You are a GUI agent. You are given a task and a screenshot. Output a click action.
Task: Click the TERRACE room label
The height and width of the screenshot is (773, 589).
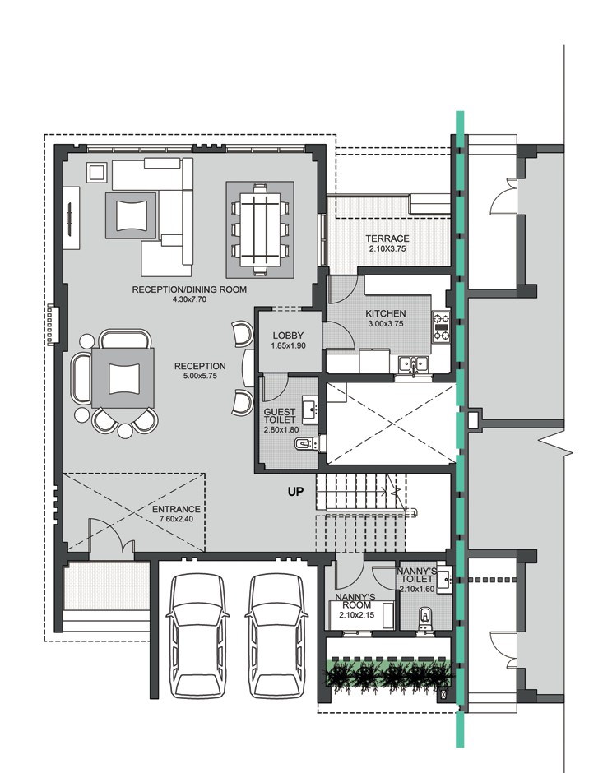388,238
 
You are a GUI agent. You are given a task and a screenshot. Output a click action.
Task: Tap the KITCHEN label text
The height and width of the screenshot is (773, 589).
386,314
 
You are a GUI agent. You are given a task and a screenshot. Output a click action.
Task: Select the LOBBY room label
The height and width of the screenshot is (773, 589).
288,336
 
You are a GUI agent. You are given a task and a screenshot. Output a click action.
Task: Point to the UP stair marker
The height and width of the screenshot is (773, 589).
296,493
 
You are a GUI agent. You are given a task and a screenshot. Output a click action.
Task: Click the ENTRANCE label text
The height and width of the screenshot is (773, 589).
176,509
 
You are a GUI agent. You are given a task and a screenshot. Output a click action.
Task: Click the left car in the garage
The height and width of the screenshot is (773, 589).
197,634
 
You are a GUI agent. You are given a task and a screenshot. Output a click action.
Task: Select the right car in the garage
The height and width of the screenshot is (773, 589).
276,634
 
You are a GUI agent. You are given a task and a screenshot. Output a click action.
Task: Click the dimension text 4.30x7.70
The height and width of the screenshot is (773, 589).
189,300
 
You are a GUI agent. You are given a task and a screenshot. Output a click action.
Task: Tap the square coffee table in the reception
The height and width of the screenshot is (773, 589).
123,377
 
